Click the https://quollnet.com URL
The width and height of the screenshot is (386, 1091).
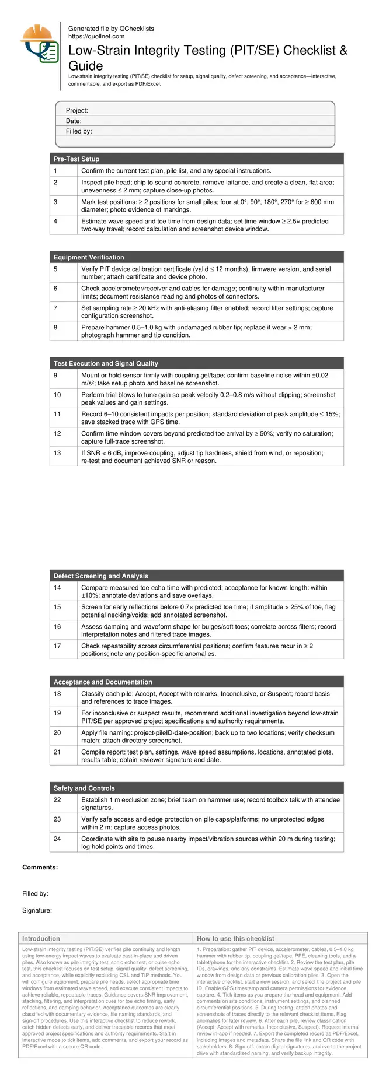(x=96, y=36)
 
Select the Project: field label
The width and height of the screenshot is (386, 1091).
(x=76, y=111)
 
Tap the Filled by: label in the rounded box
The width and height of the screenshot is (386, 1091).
(x=79, y=132)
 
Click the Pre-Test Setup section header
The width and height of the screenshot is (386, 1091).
(x=76, y=159)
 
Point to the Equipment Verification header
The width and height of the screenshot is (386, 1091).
(x=89, y=258)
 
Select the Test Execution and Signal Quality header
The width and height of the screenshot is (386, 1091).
(x=106, y=364)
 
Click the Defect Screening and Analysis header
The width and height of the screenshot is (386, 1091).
(x=101, y=576)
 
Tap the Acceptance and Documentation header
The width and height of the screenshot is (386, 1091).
(x=103, y=682)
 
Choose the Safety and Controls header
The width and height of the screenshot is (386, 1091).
(x=84, y=788)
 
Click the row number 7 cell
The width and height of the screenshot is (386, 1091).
(x=56, y=308)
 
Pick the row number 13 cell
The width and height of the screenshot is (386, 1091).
(x=57, y=453)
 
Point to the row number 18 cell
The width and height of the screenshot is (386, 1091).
(x=57, y=694)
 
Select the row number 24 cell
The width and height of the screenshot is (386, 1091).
(x=57, y=839)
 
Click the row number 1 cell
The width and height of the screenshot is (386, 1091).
(x=55, y=171)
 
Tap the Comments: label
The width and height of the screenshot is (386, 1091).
(x=40, y=868)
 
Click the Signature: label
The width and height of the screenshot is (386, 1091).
(x=37, y=910)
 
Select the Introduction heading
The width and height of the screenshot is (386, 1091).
(x=41, y=939)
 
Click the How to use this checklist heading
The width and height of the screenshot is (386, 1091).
(x=235, y=939)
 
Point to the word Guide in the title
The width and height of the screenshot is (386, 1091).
(x=86, y=66)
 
